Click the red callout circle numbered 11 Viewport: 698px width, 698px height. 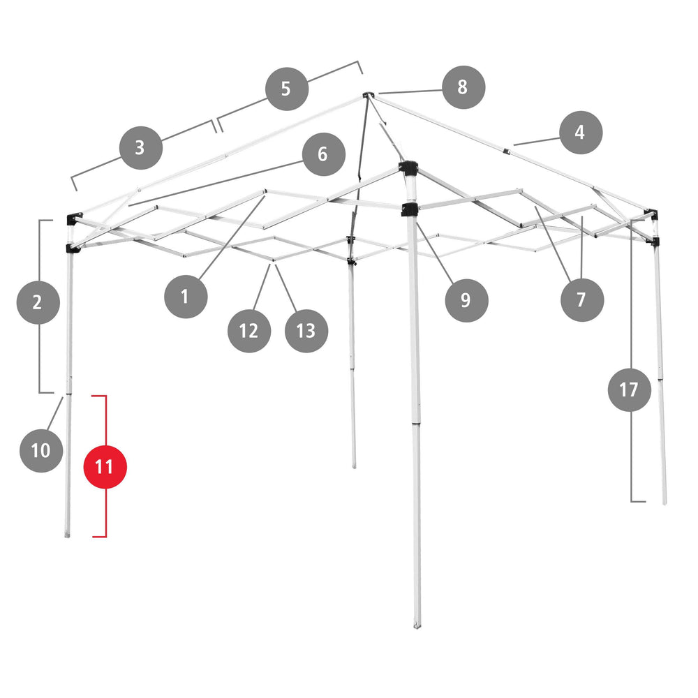(x=105, y=466)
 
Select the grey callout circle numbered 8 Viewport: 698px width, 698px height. (x=463, y=87)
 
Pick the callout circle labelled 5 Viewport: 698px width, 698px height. (x=286, y=89)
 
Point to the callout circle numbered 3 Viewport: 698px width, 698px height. (x=140, y=147)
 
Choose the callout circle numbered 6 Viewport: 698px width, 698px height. (x=322, y=154)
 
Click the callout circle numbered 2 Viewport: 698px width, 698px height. (x=38, y=302)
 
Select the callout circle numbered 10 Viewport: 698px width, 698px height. (x=41, y=450)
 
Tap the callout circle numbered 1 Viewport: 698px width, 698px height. (x=185, y=297)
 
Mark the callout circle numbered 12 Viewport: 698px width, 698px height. (x=248, y=330)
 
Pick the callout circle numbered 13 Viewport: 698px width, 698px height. (x=306, y=330)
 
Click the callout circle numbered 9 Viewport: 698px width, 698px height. (x=466, y=300)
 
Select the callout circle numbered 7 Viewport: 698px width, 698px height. (x=581, y=300)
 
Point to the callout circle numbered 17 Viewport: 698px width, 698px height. (x=629, y=389)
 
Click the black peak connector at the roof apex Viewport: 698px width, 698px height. (x=368, y=94)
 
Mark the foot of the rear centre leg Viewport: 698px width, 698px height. (x=354, y=465)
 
